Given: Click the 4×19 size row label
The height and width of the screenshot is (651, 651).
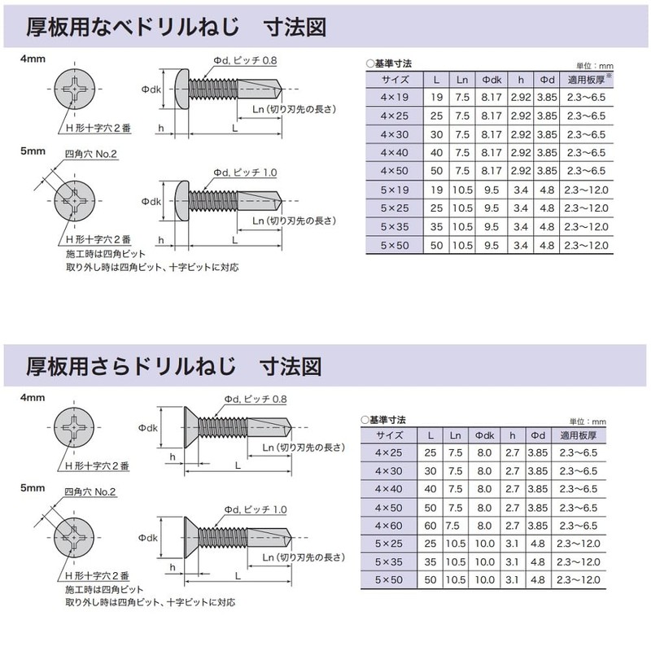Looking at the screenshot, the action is [x=394, y=98].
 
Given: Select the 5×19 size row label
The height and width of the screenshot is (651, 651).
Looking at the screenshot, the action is [x=394, y=190].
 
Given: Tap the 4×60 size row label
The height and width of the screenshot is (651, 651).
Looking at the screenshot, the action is [x=389, y=526].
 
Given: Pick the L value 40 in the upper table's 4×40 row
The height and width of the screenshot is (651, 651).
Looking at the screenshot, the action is [x=436, y=153].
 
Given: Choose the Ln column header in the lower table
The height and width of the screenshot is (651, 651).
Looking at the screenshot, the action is [x=455, y=435].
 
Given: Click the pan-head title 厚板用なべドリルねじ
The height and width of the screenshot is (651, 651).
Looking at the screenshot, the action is [x=133, y=27].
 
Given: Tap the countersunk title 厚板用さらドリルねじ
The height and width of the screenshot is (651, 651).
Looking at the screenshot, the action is [x=131, y=366].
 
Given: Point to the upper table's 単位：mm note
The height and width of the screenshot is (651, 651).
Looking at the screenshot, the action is [x=594, y=66].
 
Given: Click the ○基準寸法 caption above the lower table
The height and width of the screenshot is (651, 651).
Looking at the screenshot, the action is [x=383, y=420].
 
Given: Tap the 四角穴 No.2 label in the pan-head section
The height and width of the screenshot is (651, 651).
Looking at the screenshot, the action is [x=90, y=154].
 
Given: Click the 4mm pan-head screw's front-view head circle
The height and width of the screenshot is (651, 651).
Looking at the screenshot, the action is [x=75, y=90].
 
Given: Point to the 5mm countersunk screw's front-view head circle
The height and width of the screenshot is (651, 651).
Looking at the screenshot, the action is [x=74, y=538].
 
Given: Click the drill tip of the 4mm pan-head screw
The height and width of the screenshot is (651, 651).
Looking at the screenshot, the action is [x=281, y=89].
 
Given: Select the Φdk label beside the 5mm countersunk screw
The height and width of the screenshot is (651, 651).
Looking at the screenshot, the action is [x=148, y=538].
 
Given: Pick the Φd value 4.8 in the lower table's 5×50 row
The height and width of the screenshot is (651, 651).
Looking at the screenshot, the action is [x=537, y=580].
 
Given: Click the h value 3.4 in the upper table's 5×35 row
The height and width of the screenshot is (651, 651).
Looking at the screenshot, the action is [x=520, y=227].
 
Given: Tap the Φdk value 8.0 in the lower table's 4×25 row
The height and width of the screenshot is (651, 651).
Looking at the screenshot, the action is [x=484, y=453].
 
